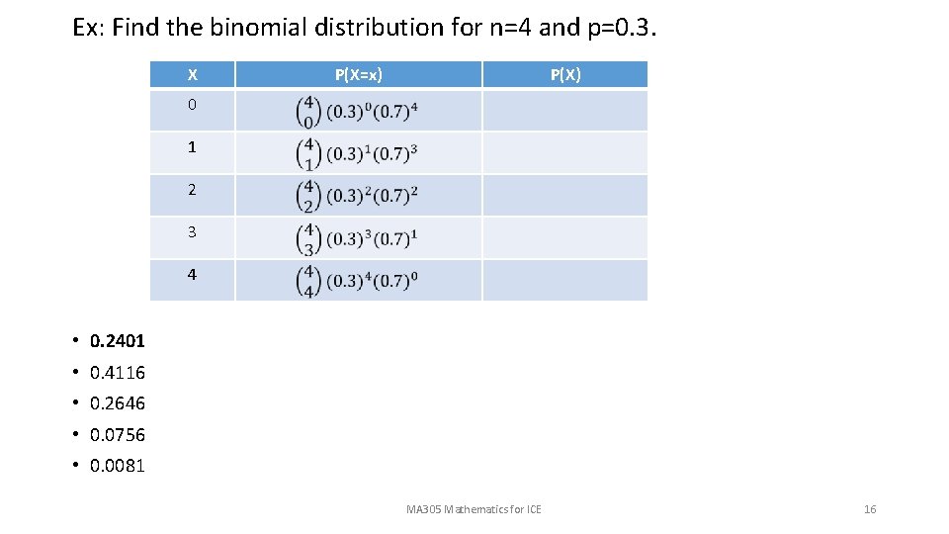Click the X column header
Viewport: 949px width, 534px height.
[192, 74]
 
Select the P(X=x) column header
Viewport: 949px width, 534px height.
[358, 74]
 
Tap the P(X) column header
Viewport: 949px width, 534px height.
[565, 74]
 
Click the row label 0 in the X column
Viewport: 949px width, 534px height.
[192, 105]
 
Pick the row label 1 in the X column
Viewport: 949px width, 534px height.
[192, 147]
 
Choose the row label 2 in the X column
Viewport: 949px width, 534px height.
[192, 190]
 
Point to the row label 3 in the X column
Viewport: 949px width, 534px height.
[192, 232]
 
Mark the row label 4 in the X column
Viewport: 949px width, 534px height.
[192, 275]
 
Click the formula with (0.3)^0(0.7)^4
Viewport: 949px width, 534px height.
[357, 111]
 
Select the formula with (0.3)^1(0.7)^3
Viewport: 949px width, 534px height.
[357, 153]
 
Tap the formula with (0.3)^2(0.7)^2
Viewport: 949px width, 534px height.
[357, 195]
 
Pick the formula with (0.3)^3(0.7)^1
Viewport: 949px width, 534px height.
[357, 237]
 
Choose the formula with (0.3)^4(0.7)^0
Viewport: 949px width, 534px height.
[357, 280]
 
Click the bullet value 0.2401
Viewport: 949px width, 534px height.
[117, 341]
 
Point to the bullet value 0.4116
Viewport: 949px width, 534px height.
[117, 373]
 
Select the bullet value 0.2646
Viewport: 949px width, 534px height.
[117, 403]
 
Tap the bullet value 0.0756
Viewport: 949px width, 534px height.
[117, 435]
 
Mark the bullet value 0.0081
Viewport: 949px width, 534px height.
[117, 466]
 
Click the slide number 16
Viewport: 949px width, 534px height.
[870, 509]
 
